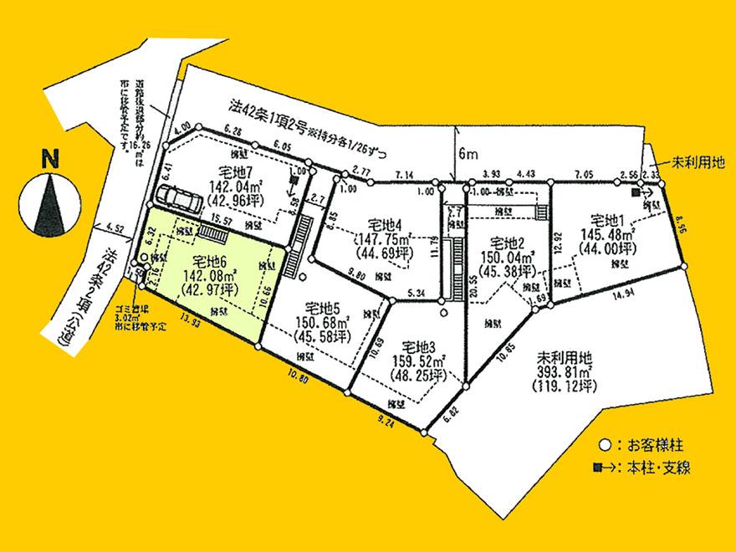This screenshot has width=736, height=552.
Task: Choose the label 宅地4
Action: click(x=381, y=225)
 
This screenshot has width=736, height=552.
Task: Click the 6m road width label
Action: click(x=468, y=154)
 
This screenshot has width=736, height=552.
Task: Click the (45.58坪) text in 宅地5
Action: click(x=321, y=336)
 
